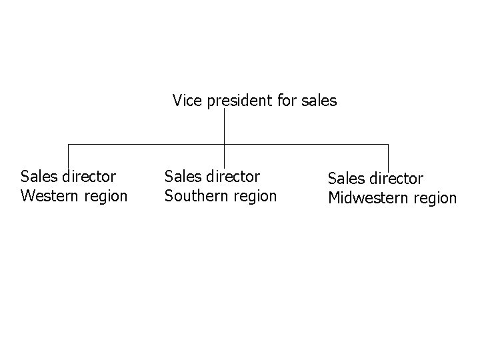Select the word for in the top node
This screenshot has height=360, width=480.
point(285,101)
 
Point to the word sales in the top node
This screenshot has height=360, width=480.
point(319,101)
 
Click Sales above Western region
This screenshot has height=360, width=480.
point(38,177)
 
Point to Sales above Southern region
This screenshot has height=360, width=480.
point(181,177)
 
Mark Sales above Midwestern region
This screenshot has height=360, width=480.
point(345,179)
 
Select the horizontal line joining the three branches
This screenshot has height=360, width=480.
point(147,144)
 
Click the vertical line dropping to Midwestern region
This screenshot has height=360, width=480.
point(388,157)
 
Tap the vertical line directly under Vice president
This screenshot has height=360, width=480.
point(224,127)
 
